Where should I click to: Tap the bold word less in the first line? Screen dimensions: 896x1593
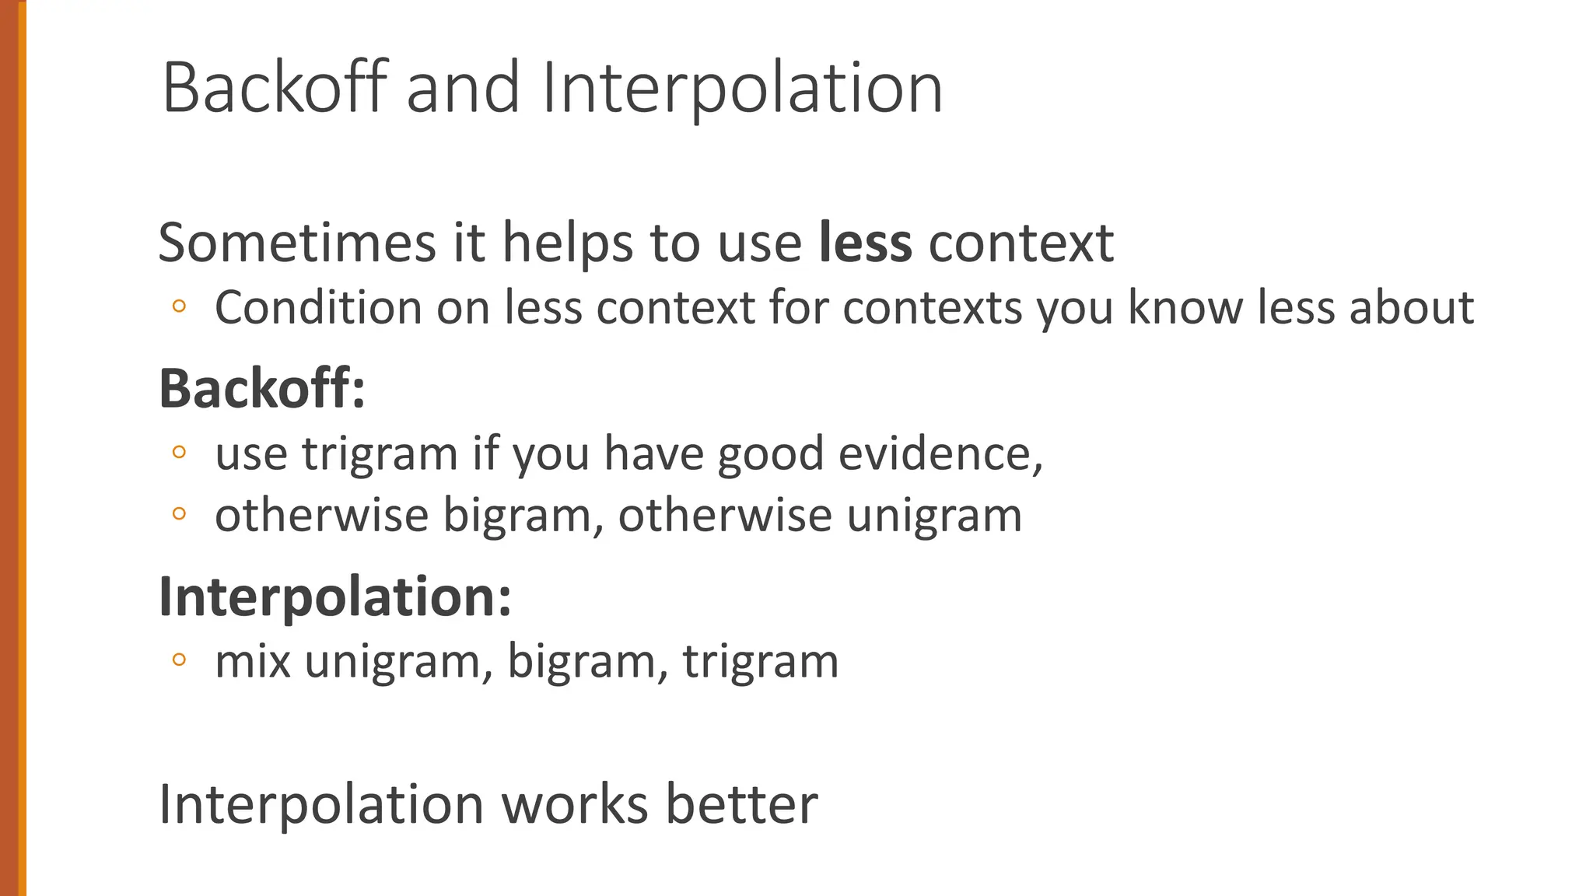(x=865, y=243)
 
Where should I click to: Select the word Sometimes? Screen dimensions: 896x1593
(x=297, y=243)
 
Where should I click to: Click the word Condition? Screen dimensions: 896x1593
(x=318, y=307)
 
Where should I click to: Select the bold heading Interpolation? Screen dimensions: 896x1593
(x=335, y=597)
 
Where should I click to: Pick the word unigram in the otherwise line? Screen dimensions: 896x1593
(x=933, y=515)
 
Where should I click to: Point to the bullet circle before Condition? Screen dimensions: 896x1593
(x=179, y=306)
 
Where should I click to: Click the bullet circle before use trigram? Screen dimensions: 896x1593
(x=179, y=452)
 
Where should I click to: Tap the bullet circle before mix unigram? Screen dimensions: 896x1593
(x=179, y=660)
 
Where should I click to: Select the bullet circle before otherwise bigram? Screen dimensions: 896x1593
(x=179, y=513)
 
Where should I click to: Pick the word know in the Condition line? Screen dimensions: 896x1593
(x=1185, y=307)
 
